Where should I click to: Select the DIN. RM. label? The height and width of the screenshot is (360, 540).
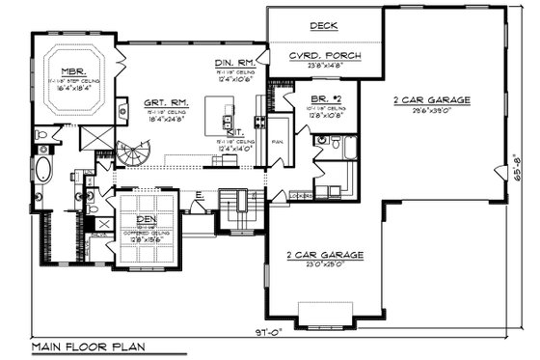[x=233, y=64]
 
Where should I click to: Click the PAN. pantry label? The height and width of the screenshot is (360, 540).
[x=275, y=140]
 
